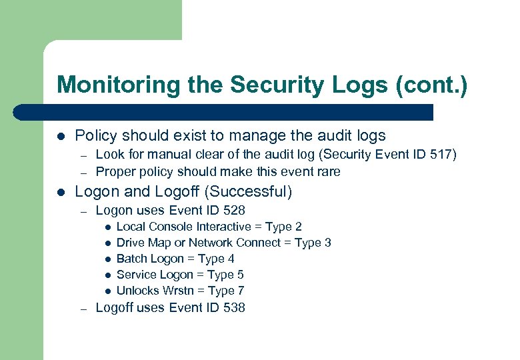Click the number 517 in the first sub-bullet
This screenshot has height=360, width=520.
(441, 155)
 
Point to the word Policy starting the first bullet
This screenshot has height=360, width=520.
(95, 135)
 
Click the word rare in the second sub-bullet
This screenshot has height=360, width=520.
(328, 171)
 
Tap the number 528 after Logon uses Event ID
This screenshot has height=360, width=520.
(233, 211)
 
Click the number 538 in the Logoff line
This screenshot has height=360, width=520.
(233, 307)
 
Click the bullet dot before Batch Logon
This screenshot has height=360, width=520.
(107, 259)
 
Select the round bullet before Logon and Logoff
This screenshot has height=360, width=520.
(61, 193)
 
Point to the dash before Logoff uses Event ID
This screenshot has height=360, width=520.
(82, 308)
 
